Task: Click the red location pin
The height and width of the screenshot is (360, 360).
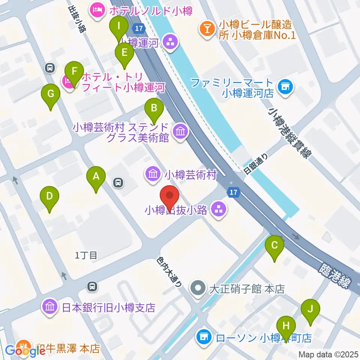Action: [x=169, y=198]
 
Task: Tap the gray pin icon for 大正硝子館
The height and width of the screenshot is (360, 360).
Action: [x=197, y=289]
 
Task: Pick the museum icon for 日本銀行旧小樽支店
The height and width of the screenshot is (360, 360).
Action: [x=50, y=307]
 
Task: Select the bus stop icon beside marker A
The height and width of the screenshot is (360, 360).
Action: [x=118, y=183]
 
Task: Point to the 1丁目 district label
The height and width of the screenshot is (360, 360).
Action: [x=86, y=256]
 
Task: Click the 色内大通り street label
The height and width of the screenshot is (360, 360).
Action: [x=169, y=272]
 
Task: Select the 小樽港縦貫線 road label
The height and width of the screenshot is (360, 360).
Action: [x=288, y=133]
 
